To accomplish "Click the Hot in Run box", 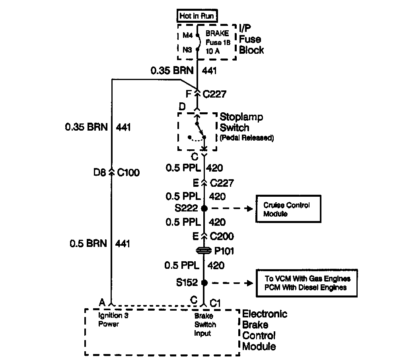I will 197,16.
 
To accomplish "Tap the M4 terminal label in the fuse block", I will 187,35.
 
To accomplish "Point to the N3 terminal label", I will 187,50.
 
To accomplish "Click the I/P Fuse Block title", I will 251,39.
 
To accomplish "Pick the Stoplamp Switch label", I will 241,123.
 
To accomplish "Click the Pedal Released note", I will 247,138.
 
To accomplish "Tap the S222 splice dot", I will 204,208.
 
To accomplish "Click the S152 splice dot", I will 204,283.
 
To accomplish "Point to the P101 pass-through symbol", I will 204,251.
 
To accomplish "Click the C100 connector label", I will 129,173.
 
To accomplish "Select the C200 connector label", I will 222,236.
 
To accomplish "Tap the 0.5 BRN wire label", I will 88,243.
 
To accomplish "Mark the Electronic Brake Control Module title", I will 264,330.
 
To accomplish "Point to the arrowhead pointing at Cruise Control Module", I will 250,208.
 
